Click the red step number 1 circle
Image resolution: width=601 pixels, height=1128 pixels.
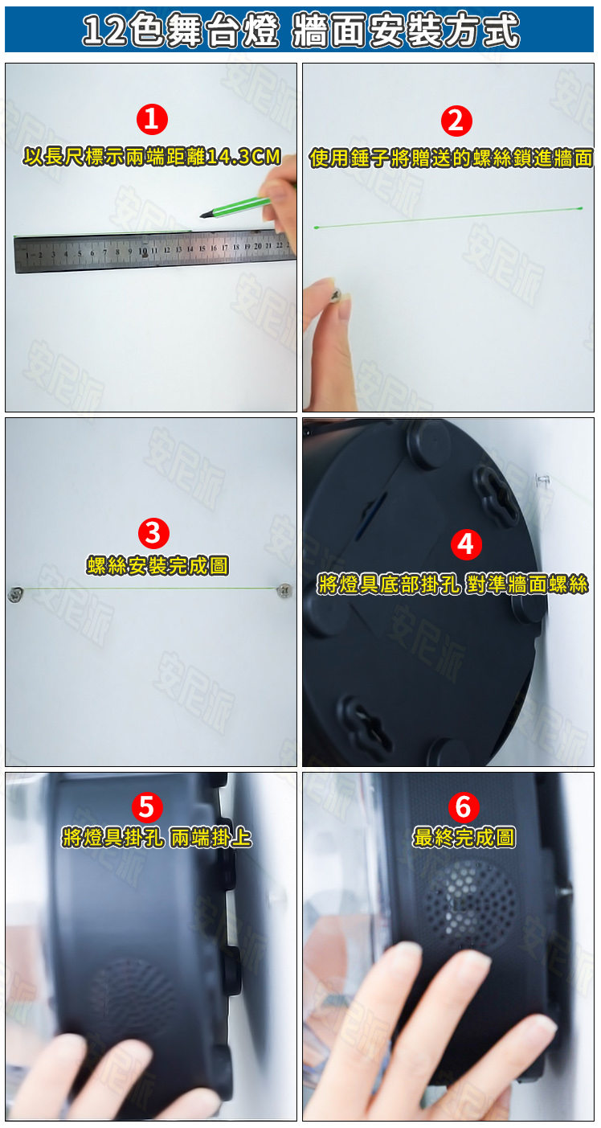click(x=152, y=119)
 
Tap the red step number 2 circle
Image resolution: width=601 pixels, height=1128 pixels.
click(x=456, y=121)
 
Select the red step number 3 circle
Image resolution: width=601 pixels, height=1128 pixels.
click(x=153, y=533)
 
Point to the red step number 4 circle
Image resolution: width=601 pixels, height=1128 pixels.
click(x=466, y=544)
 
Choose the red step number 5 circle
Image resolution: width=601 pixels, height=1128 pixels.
click(x=147, y=806)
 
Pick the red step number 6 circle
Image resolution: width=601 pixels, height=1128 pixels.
click(x=464, y=806)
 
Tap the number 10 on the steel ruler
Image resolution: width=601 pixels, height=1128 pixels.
click(x=143, y=250)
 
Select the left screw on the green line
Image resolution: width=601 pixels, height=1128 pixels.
click(x=15, y=595)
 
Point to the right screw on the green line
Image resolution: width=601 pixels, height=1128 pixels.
click(x=284, y=589)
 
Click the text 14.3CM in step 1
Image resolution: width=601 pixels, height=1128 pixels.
click(x=243, y=157)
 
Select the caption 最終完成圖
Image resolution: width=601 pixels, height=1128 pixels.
click(x=464, y=838)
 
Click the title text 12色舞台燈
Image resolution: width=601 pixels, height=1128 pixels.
click(x=180, y=31)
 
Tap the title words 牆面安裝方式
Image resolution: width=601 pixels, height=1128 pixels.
click(x=406, y=31)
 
